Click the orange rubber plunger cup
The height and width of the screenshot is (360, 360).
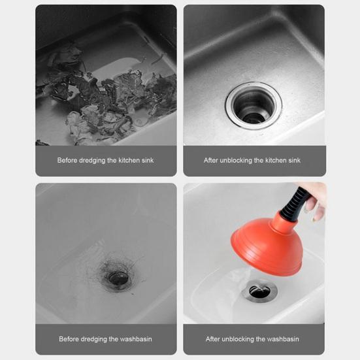(267, 247)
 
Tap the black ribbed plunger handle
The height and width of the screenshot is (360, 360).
(294, 204)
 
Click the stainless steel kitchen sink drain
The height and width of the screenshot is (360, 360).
(254, 106)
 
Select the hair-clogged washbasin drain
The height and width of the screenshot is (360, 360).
(118, 278)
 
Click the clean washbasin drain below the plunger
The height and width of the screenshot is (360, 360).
(259, 291)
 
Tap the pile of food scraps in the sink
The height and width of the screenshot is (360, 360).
(103, 97)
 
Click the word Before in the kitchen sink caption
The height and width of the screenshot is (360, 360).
(67, 160)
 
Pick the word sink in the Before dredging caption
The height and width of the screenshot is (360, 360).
(148, 160)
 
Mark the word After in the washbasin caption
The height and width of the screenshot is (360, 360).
(212, 339)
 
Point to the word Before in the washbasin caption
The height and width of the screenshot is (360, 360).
(69, 339)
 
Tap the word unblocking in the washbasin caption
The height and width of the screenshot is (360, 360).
(238, 340)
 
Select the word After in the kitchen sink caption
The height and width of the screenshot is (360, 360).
(211, 160)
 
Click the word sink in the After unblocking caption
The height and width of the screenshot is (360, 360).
(294, 160)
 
